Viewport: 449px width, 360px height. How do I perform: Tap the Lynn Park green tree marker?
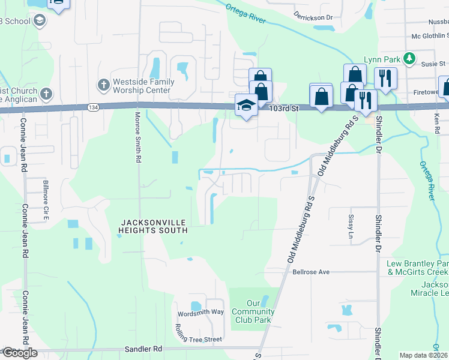point(409,59)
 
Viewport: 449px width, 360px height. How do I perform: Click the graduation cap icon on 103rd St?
point(246,105)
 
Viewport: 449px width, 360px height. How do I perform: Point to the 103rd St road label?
point(284,109)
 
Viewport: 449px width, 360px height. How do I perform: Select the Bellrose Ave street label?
point(311,272)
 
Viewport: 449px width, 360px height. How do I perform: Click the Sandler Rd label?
point(143,348)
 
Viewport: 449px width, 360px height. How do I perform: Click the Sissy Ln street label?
point(351,226)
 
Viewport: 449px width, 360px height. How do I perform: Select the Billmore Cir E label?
point(46,197)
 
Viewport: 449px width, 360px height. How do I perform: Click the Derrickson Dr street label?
point(313,17)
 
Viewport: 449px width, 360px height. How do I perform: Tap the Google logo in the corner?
point(19,353)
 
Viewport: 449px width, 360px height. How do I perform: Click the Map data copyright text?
point(424,355)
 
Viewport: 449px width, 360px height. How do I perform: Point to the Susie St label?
point(433,64)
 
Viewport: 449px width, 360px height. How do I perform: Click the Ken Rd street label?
point(436,125)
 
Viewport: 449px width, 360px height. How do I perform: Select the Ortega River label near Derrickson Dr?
point(246,13)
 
